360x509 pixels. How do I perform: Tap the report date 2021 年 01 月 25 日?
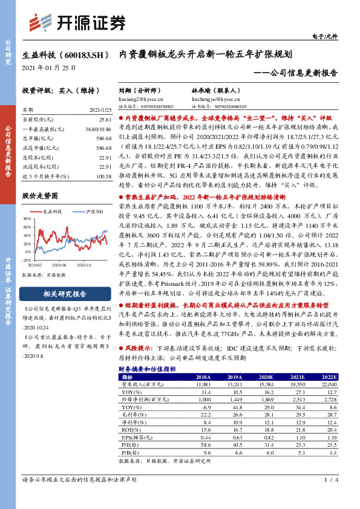pos(49,68)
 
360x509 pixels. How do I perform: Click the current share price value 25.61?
pos(104,122)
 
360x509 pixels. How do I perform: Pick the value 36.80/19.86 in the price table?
pos(99,130)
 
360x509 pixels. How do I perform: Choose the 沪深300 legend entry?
pos(92,212)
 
